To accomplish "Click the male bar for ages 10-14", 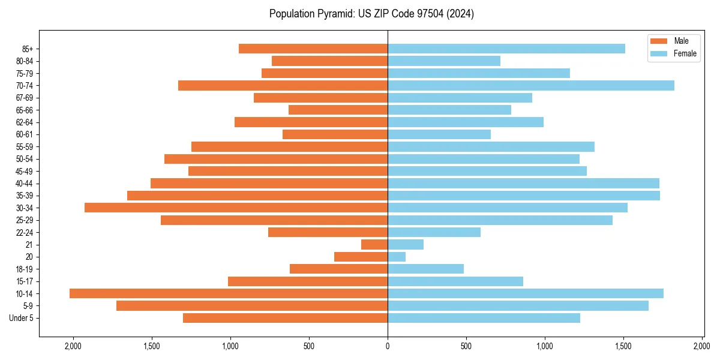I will click(x=229, y=293).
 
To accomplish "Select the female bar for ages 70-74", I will click(x=531, y=86).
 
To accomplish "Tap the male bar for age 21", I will click(x=374, y=245).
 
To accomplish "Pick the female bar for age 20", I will click(x=397, y=257).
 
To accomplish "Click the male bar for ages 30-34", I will click(x=236, y=208).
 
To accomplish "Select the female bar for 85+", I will click(x=506, y=49).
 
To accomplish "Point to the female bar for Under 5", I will click(x=484, y=318).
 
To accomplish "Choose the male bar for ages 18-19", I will click(x=338, y=269).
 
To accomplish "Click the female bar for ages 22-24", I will click(x=434, y=232).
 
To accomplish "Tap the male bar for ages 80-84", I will click(x=329, y=61).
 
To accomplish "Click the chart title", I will click(x=371, y=14).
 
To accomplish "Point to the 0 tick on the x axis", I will click(x=388, y=346).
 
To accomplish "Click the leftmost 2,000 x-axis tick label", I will click(x=73, y=346).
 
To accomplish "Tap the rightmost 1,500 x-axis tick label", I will click(x=623, y=346).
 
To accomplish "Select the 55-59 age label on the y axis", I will click(x=25, y=147).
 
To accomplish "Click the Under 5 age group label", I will click(x=22, y=318).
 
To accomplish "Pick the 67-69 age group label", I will click(x=25, y=98).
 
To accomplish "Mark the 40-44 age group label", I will click(x=25, y=184).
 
